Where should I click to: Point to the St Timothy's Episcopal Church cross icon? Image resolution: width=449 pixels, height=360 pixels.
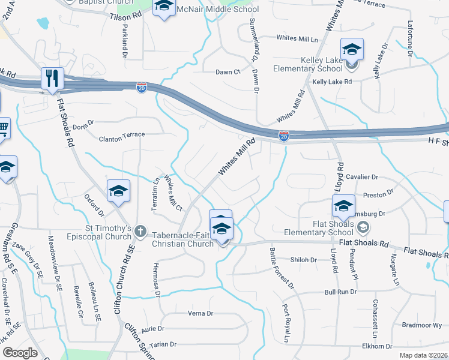click(x=140, y=230)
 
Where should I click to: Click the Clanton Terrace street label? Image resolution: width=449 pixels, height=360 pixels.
click(x=122, y=136)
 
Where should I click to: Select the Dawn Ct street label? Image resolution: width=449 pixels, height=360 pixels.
click(x=228, y=72)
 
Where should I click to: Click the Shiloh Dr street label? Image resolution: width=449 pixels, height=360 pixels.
click(x=303, y=260)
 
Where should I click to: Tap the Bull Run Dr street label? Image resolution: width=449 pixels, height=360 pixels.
click(x=340, y=292)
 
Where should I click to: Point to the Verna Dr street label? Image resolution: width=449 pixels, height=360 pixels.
click(x=200, y=313)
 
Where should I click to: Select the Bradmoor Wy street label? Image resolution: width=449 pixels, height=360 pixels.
click(x=422, y=325)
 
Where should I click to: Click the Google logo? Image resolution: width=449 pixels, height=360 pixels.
click(x=20, y=352)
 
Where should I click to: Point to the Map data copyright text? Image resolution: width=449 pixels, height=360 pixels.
click(x=423, y=355)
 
